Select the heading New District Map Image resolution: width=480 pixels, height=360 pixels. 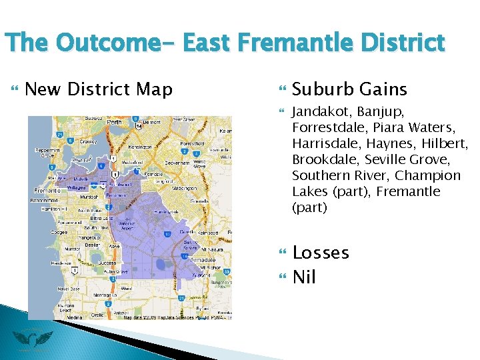99,89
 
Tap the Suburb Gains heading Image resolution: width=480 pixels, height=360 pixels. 349,89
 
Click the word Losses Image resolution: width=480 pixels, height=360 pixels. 321,253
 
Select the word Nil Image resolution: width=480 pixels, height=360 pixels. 304,277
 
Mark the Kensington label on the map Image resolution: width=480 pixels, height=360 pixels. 139,147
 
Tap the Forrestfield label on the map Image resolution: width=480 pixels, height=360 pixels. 192,143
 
